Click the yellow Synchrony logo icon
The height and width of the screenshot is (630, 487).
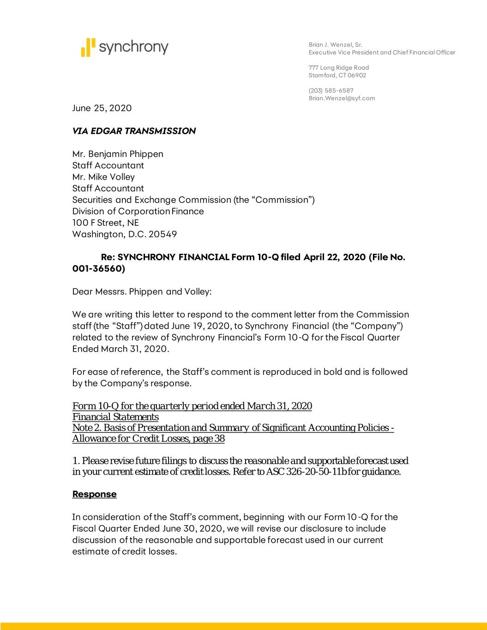(88, 47)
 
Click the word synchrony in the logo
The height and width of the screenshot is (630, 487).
(134, 47)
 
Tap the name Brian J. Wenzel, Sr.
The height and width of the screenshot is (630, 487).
(335, 45)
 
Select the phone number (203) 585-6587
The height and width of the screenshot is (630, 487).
(331, 90)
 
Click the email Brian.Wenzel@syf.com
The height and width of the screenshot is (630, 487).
(342, 98)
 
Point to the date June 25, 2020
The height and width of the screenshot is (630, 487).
(102, 108)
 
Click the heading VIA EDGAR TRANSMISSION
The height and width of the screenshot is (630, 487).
(134, 131)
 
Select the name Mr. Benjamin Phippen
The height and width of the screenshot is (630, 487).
(118, 154)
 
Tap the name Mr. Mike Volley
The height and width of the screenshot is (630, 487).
(103, 177)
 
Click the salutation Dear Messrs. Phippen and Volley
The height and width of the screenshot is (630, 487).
(142, 292)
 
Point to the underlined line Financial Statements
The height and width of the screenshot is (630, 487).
(115, 417)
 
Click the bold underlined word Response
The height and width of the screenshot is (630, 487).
(94, 494)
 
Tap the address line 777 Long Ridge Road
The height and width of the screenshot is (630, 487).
(338, 68)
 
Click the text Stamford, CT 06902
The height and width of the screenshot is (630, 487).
(337, 75)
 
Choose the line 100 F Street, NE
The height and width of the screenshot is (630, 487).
(105, 223)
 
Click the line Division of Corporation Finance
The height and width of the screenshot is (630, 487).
(138, 211)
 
